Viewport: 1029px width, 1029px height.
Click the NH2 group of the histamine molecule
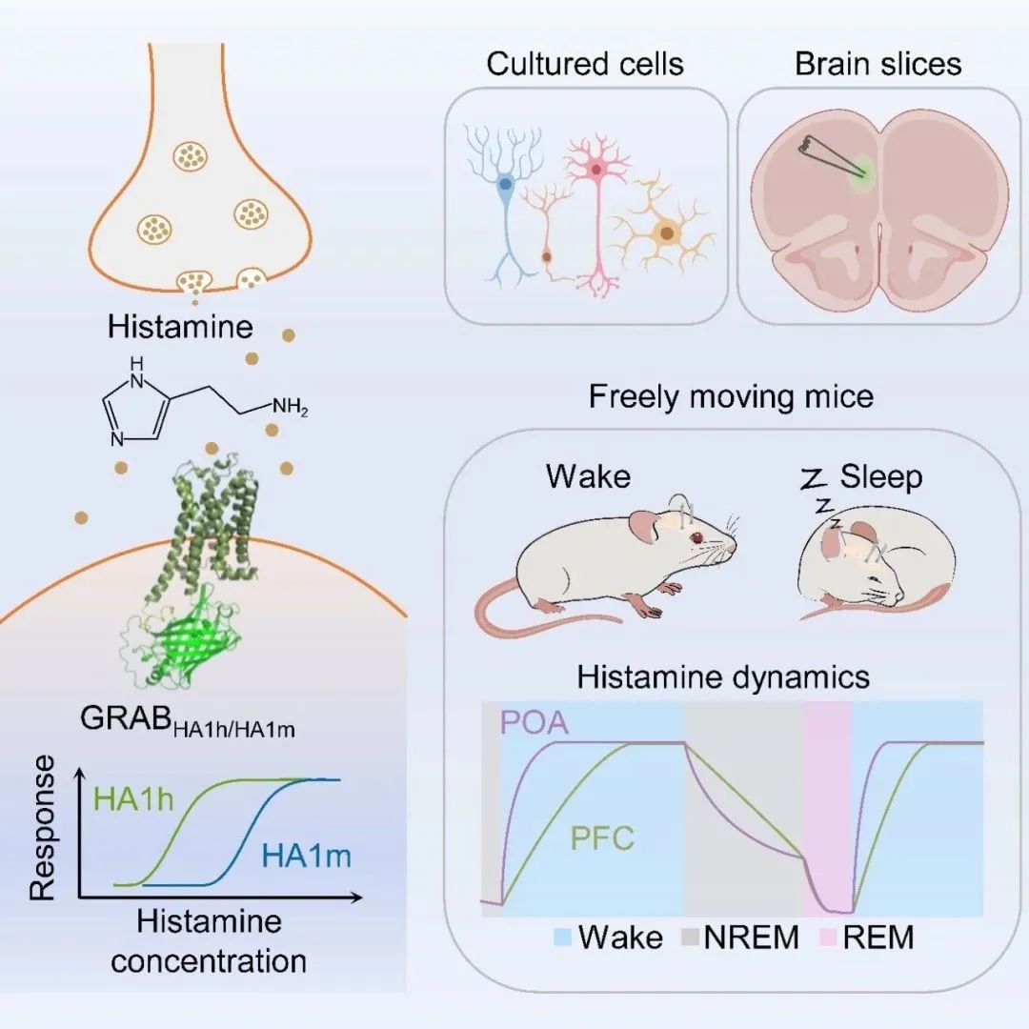tap(290, 408)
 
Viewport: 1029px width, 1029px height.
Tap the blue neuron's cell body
tap(505, 185)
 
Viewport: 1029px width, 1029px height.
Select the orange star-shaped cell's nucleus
tap(666, 232)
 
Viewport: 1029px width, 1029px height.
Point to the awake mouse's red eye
tap(696, 537)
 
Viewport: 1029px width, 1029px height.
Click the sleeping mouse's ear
tap(832, 540)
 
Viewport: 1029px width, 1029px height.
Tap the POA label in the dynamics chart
tap(535, 723)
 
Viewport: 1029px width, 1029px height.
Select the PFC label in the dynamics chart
tap(602, 838)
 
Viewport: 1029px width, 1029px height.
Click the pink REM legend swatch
tap(828, 938)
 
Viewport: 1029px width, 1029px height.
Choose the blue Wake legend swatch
tap(564, 938)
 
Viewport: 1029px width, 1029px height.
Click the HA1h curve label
tap(133, 799)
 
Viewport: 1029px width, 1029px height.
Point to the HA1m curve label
tap(307, 856)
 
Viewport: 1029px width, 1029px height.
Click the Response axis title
tap(42, 828)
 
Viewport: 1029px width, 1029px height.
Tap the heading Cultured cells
tap(585, 65)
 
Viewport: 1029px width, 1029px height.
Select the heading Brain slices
tap(878, 65)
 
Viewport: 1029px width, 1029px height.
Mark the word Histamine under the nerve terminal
tap(180, 327)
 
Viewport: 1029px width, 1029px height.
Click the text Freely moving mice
tap(731, 396)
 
